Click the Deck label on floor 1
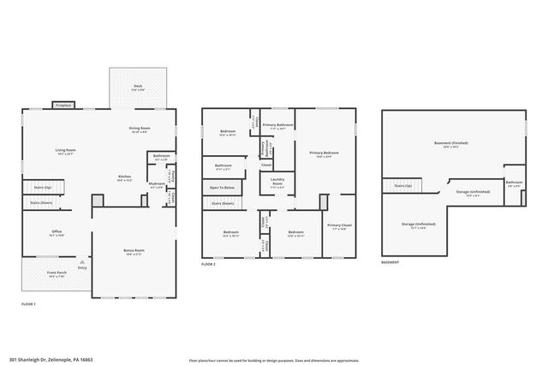coord(137,86)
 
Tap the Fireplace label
coord(62,105)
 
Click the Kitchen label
coord(125,177)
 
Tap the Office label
coord(57,231)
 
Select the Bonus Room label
coord(134,251)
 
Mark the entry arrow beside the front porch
coord(82,262)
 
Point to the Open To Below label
coord(223,187)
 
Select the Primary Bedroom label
coord(325,153)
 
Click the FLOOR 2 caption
coord(209,265)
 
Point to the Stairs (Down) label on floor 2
coord(223,203)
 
